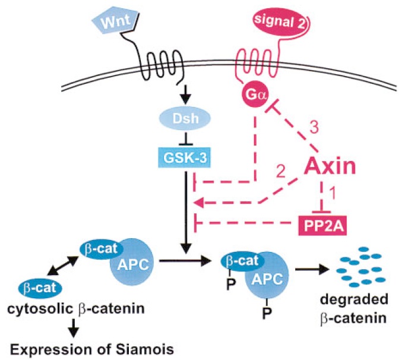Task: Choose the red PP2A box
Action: tap(322, 225)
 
